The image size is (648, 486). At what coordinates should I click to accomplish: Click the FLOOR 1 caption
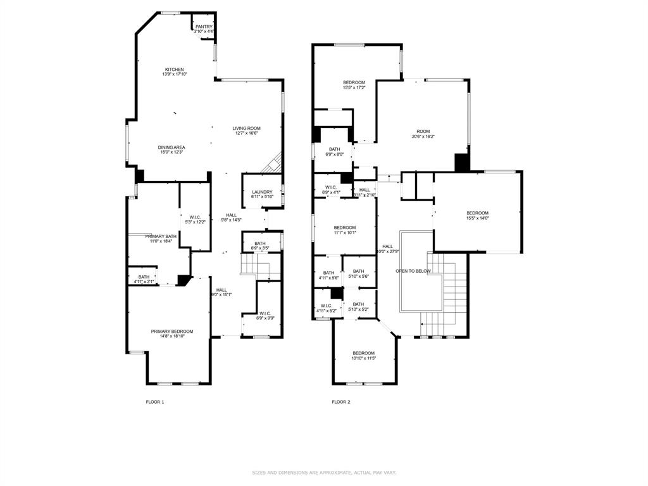point(155,402)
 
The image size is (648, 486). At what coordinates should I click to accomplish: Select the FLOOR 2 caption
point(340,402)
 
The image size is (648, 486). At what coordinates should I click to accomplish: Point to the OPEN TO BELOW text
point(413,271)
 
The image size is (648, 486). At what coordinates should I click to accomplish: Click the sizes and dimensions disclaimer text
point(324,472)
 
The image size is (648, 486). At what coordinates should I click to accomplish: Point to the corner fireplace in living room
point(273,164)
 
